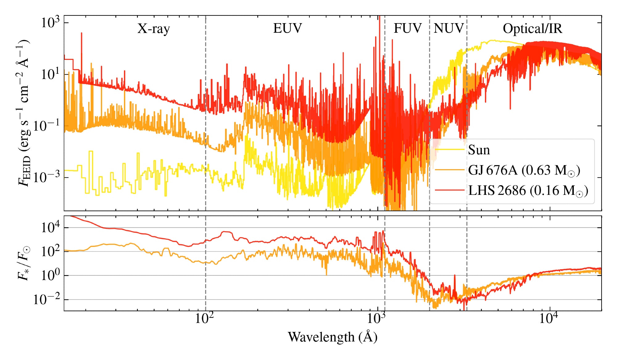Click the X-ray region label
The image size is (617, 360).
pyautogui.click(x=154, y=29)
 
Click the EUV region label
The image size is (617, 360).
pyautogui.click(x=287, y=28)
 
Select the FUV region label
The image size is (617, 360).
pyautogui.click(x=407, y=28)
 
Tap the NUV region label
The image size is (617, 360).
pyautogui.click(x=449, y=28)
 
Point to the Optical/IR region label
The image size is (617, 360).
pyautogui.click(x=532, y=28)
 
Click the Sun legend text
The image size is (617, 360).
pyautogui.click(x=479, y=150)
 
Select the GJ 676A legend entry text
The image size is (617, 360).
pyautogui.click(x=524, y=170)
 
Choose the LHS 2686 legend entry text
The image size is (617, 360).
pyautogui.click(x=528, y=190)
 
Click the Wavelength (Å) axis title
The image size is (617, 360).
pyautogui.click(x=332, y=337)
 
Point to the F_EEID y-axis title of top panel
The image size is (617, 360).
pyautogui.click(x=24, y=113)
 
